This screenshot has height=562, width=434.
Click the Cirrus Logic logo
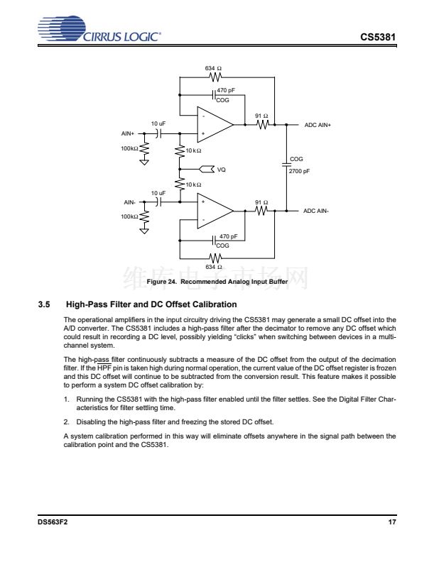click(99, 28)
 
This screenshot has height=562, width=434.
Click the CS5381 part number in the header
click(378, 37)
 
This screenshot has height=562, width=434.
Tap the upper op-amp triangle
click(215, 124)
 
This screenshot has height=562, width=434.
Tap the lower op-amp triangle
click(215, 211)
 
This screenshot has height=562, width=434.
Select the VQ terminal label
click(222, 170)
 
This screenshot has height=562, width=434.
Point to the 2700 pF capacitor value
click(299, 171)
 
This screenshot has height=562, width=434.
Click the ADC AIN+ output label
click(318, 125)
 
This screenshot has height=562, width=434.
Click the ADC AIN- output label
click(315, 211)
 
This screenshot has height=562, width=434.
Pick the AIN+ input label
click(128, 133)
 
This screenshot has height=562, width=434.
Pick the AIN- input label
click(129, 202)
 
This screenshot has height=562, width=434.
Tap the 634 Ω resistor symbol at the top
click(215, 77)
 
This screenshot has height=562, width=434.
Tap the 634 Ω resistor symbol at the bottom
click(215, 258)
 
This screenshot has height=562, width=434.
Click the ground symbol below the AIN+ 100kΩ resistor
click(144, 162)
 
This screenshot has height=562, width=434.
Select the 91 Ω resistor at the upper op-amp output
click(263, 125)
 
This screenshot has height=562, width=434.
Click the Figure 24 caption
click(217, 282)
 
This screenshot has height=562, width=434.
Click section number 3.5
click(44, 304)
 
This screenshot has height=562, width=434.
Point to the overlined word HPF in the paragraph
click(104, 368)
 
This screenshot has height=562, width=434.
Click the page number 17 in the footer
click(392, 522)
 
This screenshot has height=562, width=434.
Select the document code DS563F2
click(53, 522)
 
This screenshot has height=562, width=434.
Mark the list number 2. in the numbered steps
click(66, 422)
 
